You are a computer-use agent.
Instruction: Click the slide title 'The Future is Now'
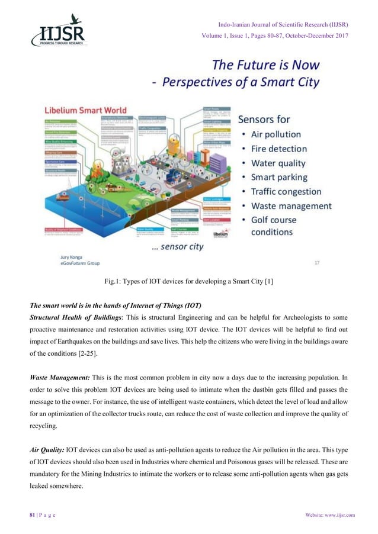click(x=265, y=64)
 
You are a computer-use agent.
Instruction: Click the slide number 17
click(x=317, y=262)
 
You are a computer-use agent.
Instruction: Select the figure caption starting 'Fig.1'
click(x=188, y=284)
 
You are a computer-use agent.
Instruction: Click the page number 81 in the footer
click(x=26, y=514)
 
